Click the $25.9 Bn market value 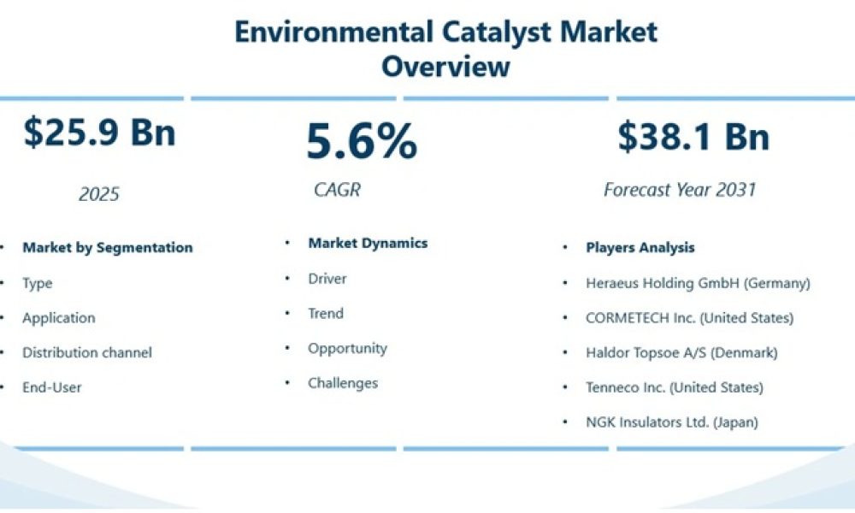tap(99, 133)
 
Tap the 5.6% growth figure tap(362, 141)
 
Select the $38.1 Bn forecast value tap(693, 137)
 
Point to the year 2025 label tap(99, 194)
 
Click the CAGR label tap(337, 190)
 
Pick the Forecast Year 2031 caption tap(680, 190)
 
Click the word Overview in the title tap(445, 66)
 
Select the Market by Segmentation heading tap(108, 248)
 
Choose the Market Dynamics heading tap(368, 244)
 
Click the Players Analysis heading tap(640, 248)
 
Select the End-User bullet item tap(52, 387)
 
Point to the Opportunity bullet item tap(347, 348)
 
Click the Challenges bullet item tap(343, 383)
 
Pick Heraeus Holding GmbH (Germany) tap(698, 283)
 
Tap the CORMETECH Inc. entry tap(689, 318)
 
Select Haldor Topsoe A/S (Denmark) tap(681, 352)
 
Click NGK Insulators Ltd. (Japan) tap(671, 422)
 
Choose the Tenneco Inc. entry tap(675, 387)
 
